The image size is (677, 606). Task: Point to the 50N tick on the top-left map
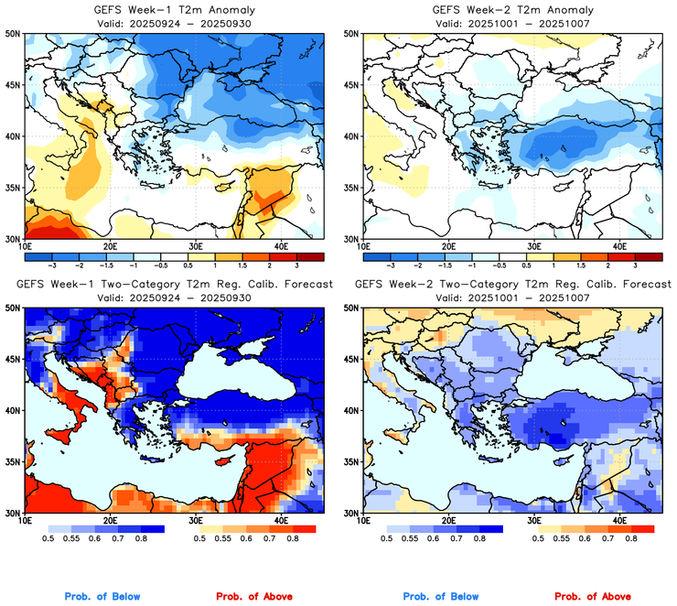tap(12, 34)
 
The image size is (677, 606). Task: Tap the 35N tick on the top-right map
tap(349, 188)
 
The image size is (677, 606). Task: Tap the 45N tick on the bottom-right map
tap(349, 359)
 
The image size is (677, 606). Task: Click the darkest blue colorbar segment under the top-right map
tap(375, 254)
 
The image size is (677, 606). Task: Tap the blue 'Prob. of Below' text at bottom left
tap(102, 596)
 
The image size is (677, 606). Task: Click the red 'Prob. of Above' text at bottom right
tap(592, 596)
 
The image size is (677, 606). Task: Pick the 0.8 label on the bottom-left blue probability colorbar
tap(142, 539)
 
